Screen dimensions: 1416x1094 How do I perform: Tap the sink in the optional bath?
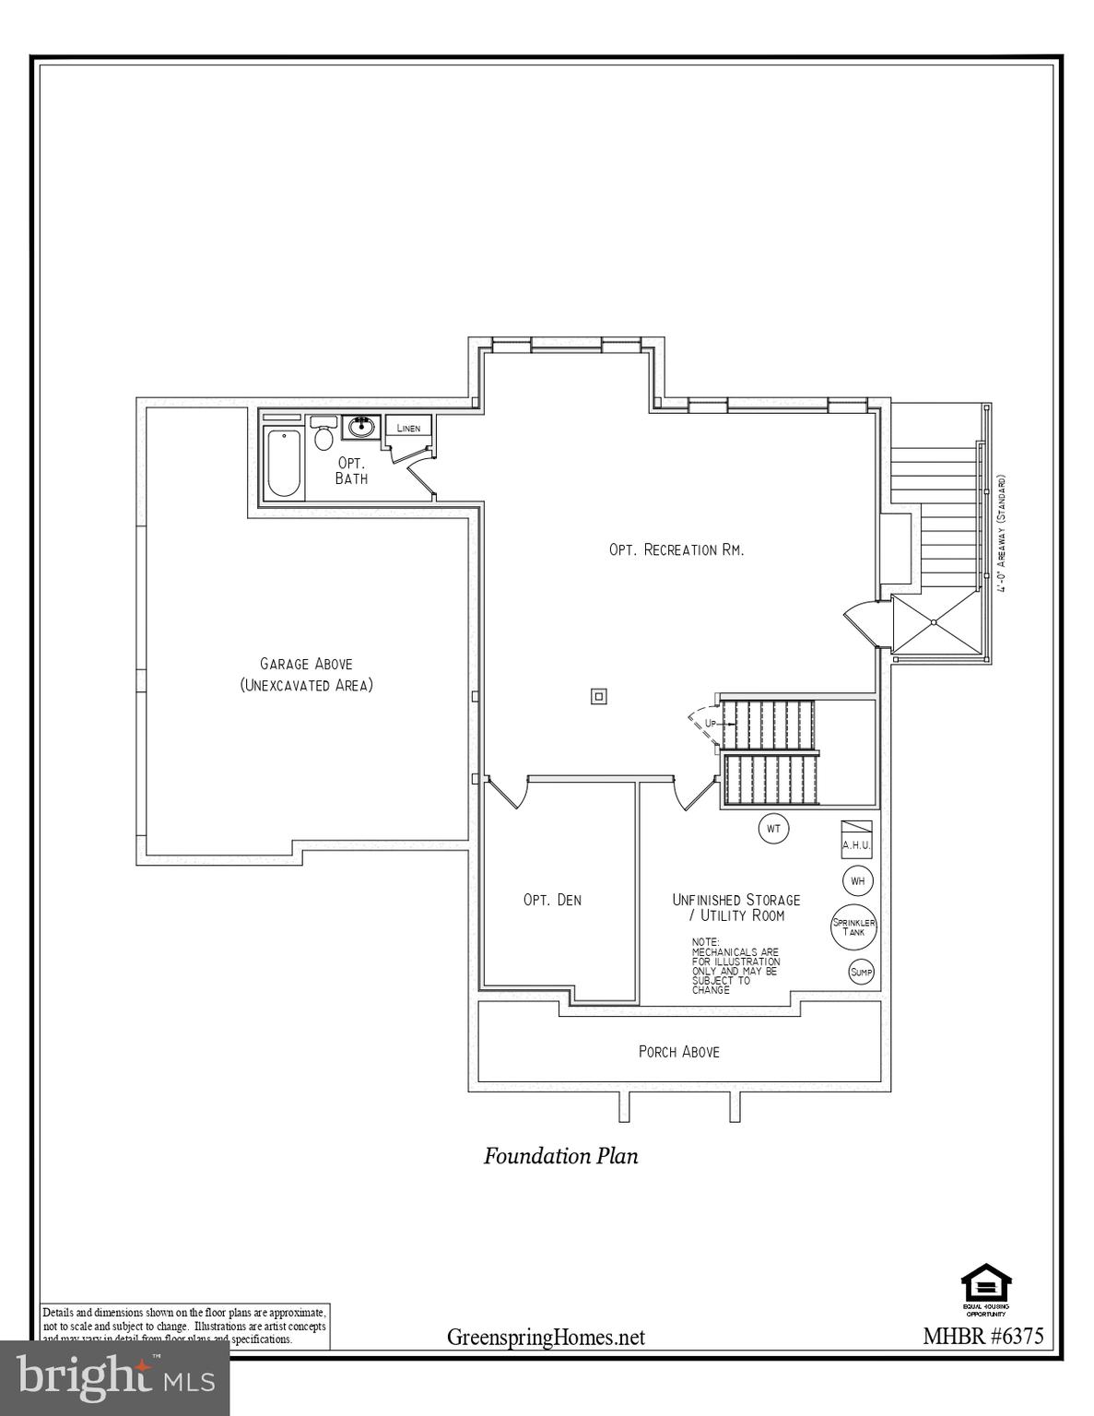tap(360, 428)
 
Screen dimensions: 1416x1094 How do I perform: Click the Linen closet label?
tap(408, 428)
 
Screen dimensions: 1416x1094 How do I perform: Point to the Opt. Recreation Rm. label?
tap(676, 549)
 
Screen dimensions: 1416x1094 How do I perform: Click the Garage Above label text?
tap(306, 664)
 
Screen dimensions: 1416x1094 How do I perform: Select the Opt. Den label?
tap(552, 900)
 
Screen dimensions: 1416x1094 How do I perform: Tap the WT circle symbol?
tap(773, 829)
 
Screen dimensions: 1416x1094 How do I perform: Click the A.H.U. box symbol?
tap(856, 838)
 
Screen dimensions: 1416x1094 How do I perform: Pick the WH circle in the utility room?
tap(857, 881)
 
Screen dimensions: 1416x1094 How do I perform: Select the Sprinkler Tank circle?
tap(853, 926)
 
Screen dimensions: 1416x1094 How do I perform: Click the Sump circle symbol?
tap(861, 972)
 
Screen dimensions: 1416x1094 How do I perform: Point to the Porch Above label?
tap(678, 1051)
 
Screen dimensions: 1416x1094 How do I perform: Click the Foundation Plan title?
tap(560, 1156)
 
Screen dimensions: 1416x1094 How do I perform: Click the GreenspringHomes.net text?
tap(546, 1337)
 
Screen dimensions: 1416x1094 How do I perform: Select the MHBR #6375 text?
tap(982, 1337)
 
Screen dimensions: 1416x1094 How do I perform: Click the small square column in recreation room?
tap(599, 696)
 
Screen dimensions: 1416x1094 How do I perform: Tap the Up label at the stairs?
tap(710, 724)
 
